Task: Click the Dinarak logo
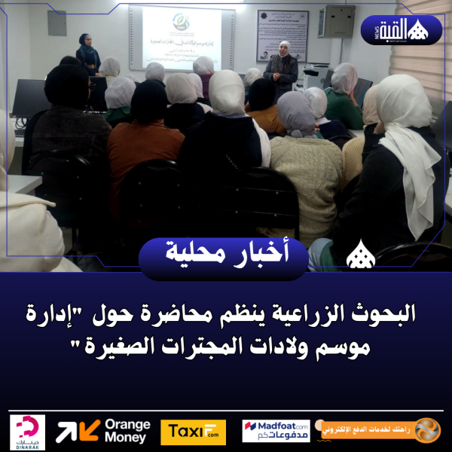click(29, 432)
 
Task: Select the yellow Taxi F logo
click(193, 432)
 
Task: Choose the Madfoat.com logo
click(276, 432)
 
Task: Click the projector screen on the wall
click(181, 38)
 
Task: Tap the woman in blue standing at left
click(87, 53)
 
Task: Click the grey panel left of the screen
click(56, 23)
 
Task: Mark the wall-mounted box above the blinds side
click(337, 21)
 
